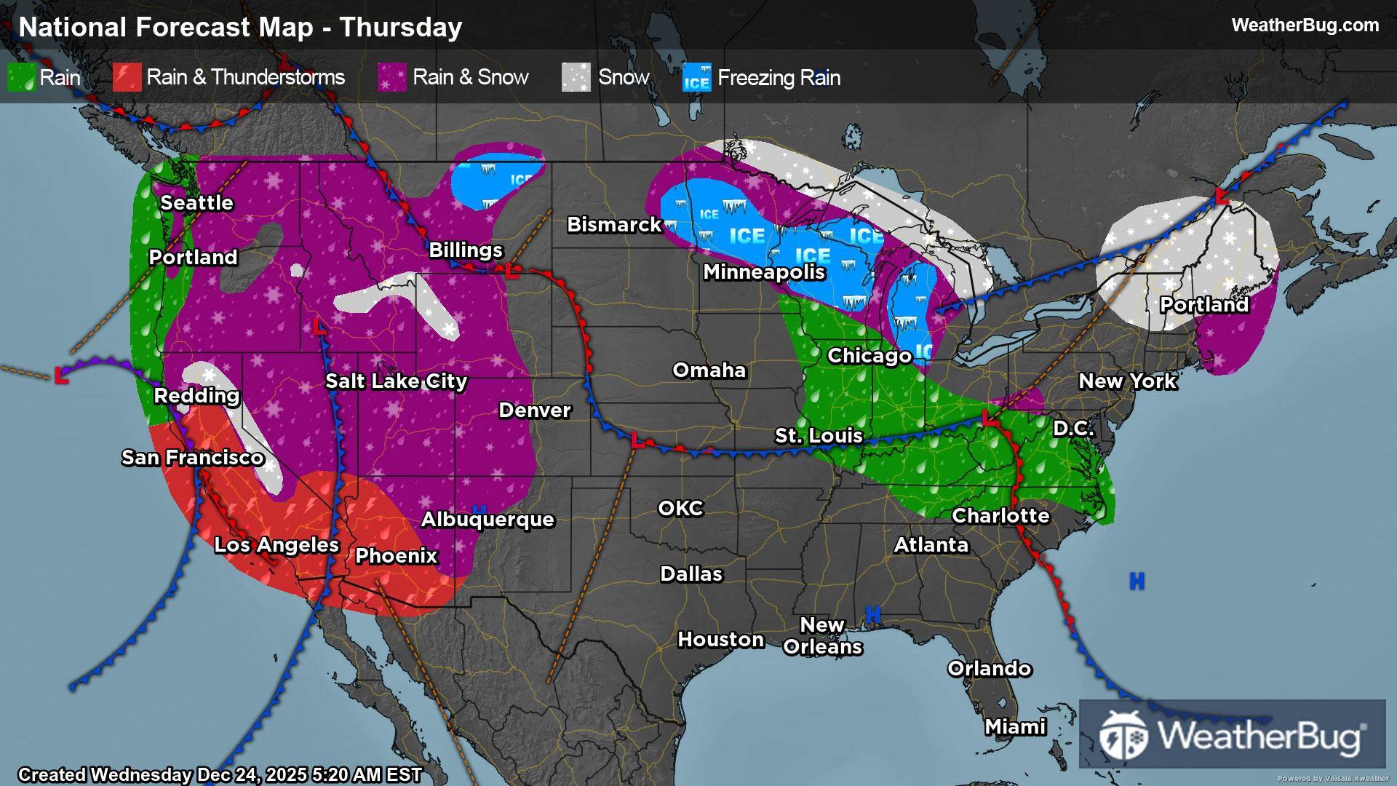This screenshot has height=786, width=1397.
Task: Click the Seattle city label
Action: pyautogui.click(x=196, y=203)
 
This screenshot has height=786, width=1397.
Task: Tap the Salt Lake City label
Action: pyautogui.click(x=396, y=381)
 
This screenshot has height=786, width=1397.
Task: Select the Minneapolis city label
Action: pyautogui.click(x=764, y=272)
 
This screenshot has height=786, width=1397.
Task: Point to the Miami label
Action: pyautogui.click(x=1015, y=727)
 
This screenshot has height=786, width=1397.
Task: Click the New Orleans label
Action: pyautogui.click(x=822, y=636)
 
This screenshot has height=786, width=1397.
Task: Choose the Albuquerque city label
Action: pyautogui.click(x=487, y=520)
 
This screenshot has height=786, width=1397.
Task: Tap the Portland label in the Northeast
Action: pyautogui.click(x=1204, y=305)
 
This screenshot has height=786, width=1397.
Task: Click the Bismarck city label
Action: pyautogui.click(x=614, y=225)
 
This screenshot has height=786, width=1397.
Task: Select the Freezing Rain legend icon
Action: pyautogui.click(x=696, y=78)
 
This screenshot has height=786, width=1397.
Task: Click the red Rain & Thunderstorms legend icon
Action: pyautogui.click(x=127, y=78)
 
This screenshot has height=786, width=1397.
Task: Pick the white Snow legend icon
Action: pyautogui.click(x=576, y=78)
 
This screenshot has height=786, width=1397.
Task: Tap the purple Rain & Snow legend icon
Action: pyautogui.click(x=391, y=78)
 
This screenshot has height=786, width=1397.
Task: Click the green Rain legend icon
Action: pyautogui.click(x=21, y=78)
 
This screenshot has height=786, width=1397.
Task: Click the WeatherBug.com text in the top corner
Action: pyautogui.click(x=1305, y=25)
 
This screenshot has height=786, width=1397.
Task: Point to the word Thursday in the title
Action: pyautogui.click(x=400, y=28)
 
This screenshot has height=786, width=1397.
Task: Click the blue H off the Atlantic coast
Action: pyautogui.click(x=1137, y=581)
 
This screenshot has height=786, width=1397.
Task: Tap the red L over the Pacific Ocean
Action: pyautogui.click(x=62, y=377)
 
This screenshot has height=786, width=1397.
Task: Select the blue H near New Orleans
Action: pyautogui.click(x=873, y=614)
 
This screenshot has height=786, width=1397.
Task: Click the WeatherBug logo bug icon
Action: pyautogui.click(x=1123, y=735)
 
